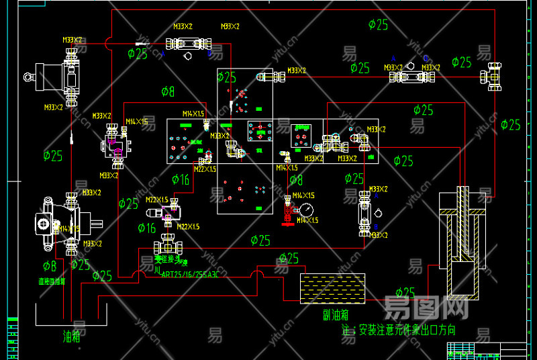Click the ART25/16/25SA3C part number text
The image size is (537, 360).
point(190,273)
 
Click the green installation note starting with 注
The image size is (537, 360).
point(398,330)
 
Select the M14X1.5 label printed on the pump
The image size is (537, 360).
point(69,229)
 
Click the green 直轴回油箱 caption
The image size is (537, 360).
point(51,281)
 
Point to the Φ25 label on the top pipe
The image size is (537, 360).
point(378,25)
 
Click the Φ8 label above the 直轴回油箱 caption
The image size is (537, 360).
point(50,266)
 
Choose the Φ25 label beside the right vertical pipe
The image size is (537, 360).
point(511,125)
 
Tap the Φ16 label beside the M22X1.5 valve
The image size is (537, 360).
point(146,228)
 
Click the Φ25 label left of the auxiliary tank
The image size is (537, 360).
point(289,259)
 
